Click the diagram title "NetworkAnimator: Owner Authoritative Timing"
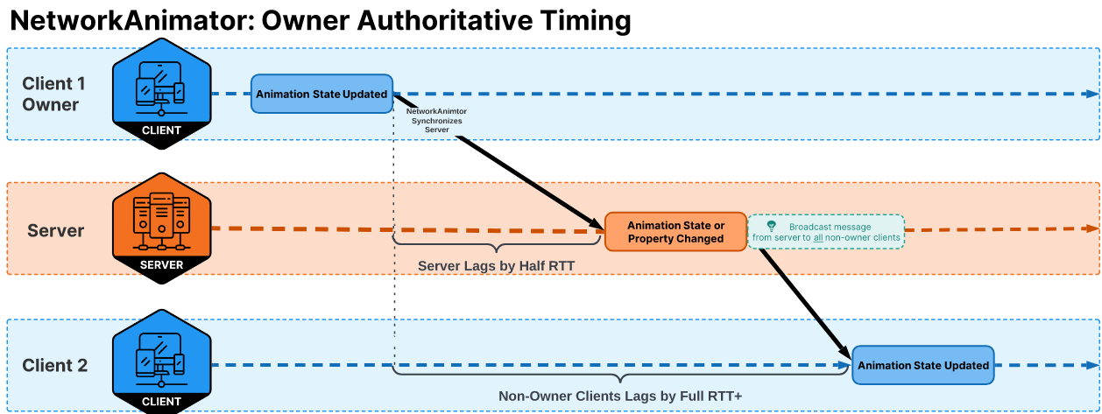click(320, 21)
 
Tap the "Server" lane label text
click(56, 231)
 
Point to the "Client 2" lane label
click(55, 366)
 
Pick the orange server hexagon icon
click(161, 228)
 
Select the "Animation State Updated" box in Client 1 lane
click(321, 94)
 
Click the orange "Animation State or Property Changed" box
click(675, 232)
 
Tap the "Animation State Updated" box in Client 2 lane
click(923, 365)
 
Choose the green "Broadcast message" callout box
click(825, 232)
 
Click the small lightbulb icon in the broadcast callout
click(771, 226)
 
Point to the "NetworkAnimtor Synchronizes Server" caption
click(437, 121)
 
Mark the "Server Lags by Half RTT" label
click(496, 265)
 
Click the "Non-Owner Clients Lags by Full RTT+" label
click(620, 396)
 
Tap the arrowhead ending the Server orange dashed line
click(1090, 228)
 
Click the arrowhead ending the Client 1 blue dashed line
click(1090, 94)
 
